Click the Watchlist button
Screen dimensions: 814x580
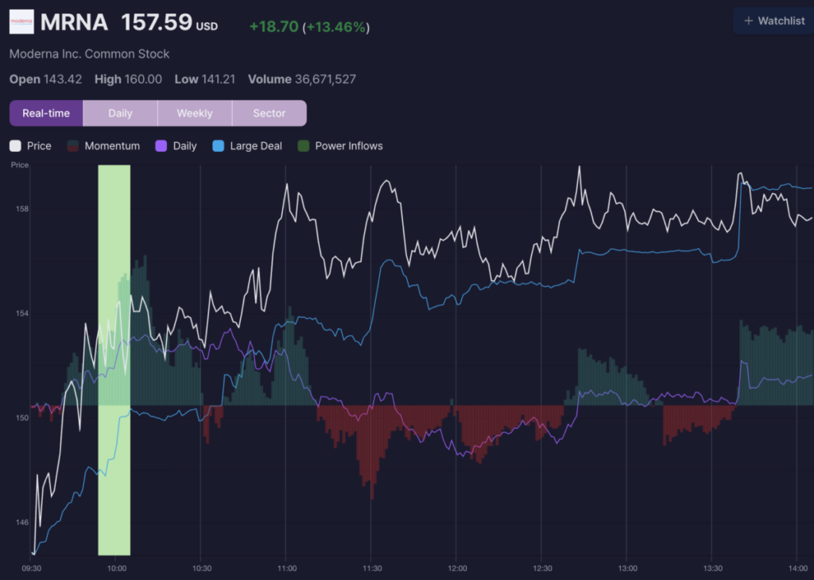point(774,21)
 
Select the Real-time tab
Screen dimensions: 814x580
point(46,113)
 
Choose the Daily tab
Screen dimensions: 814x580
point(121,113)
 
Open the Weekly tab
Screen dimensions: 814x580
point(195,113)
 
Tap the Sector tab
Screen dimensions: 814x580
point(269,113)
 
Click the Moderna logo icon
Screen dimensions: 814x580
point(21,21)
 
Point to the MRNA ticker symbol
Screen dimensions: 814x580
point(74,22)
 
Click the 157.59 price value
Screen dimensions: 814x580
point(157,22)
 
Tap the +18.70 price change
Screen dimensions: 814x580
point(274,26)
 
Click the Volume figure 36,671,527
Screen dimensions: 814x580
point(325,79)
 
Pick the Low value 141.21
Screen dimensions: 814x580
point(219,79)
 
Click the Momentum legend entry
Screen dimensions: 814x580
point(104,145)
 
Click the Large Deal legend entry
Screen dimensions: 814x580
point(247,145)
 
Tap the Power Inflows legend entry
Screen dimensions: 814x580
point(340,145)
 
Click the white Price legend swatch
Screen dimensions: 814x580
point(15,145)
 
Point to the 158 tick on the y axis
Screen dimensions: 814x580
point(21,209)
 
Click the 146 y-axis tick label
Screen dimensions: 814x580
point(21,523)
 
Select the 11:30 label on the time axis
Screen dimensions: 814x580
point(372,568)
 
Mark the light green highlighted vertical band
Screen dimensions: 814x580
point(114,360)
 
